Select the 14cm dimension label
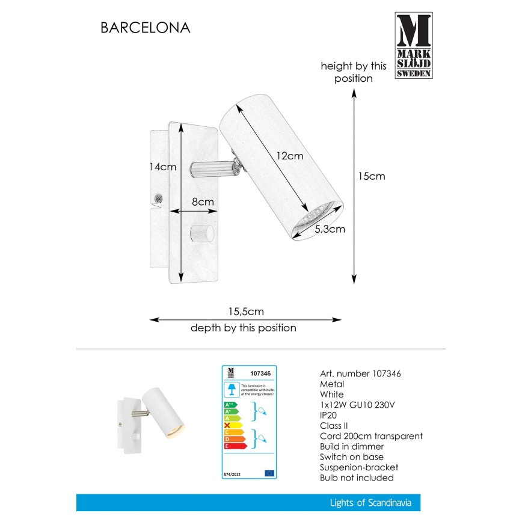[162, 167]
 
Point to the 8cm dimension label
[203, 203]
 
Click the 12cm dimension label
[289, 155]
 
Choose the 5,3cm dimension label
[330, 229]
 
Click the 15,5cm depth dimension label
[245, 312]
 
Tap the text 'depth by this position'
[244, 328]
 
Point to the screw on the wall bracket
[159, 198]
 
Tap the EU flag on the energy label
[269, 473]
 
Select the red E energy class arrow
[235, 447]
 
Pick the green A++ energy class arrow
[232, 404]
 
